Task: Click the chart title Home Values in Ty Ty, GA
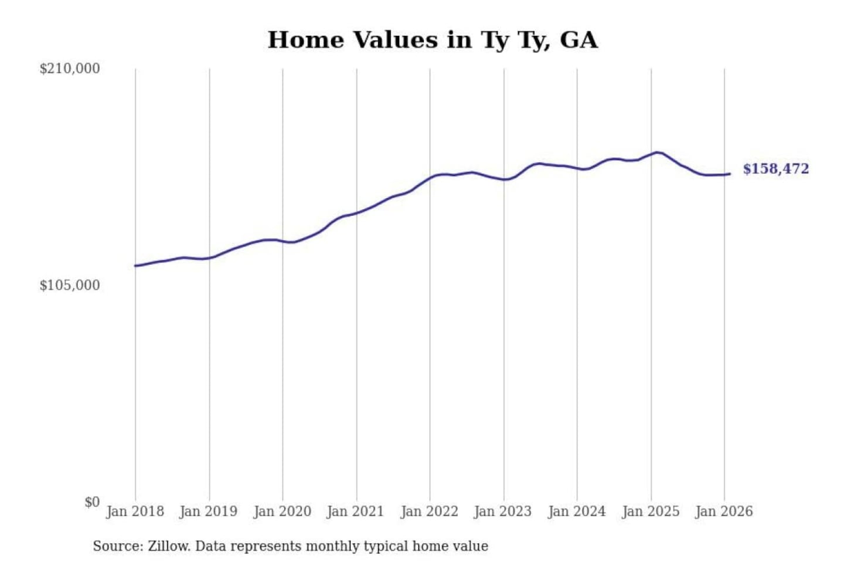pos(433,40)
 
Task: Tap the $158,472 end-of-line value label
pos(775,169)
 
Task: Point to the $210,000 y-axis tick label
pos(70,69)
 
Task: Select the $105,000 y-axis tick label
pos(70,286)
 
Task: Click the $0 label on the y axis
pos(92,502)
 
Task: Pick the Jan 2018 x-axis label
pos(135,511)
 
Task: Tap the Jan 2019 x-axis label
pos(209,511)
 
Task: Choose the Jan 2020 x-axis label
pos(282,511)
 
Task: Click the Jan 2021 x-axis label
pos(355,511)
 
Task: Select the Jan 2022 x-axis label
pos(429,511)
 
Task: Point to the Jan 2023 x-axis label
pos(502,511)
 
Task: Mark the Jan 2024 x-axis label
pos(576,511)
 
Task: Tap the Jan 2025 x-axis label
pos(650,511)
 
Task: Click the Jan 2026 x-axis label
pos(723,511)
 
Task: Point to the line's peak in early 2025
pos(658,152)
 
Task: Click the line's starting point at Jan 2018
pos(135,266)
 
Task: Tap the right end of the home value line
pos(729,174)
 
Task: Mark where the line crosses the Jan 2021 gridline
pos(356,212)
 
